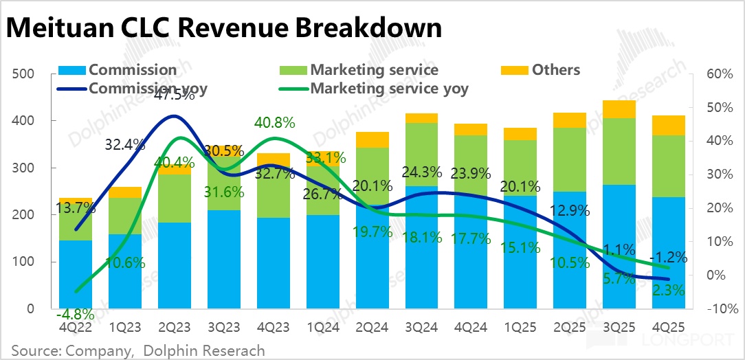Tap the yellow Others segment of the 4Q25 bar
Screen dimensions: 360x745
click(x=669, y=125)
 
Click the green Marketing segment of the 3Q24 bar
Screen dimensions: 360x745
click(x=421, y=155)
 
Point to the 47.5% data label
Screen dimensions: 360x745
click(x=174, y=95)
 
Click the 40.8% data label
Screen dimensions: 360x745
click(x=274, y=123)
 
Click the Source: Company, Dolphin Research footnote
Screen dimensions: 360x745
click(x=137, y=350)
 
